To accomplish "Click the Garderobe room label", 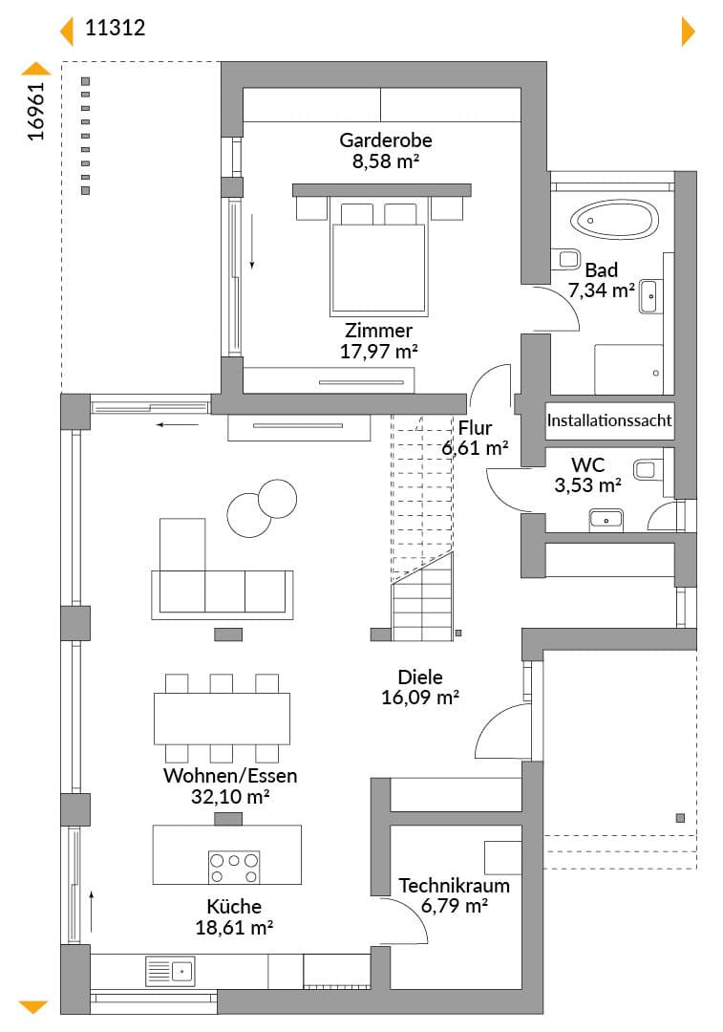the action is [386, 140].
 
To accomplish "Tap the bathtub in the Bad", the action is [614, 219].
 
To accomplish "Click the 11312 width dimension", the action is [116, 28].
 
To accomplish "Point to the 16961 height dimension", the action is [36, 111].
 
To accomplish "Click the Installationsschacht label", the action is [609, 419].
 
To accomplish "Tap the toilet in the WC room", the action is [646, 468].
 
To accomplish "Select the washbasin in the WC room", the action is [606, 519].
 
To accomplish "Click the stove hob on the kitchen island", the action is [234, 868].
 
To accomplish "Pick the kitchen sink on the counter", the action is [170, 971].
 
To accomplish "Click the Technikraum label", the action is [454, 885].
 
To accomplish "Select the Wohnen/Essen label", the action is [230, 775].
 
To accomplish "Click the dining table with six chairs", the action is [222, 718].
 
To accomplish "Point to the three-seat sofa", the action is [223, 595].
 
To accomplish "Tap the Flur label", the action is [475, 428].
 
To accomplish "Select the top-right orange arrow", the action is [688, 31].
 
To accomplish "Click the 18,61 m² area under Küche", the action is [234, 927].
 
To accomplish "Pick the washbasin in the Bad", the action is [650, 296].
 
